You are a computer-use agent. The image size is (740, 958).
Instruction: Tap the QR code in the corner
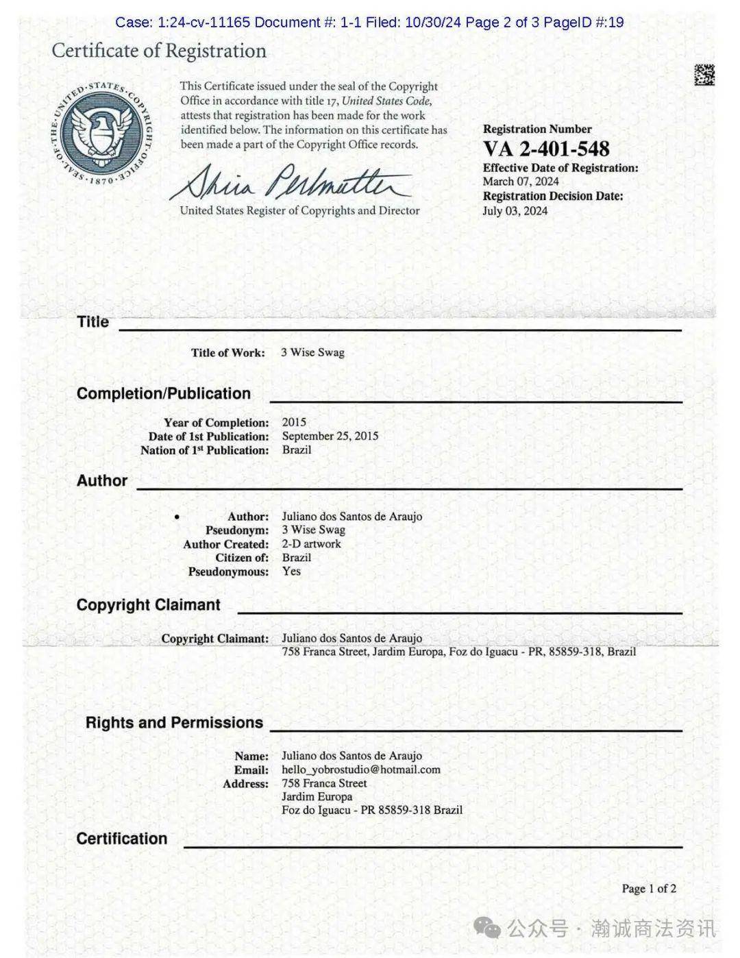click(704, 75)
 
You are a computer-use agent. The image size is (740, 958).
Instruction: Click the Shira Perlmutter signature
click(291, 181)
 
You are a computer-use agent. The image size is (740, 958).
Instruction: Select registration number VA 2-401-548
click(545, 149)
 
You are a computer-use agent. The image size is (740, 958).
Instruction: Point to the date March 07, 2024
click(520, 182)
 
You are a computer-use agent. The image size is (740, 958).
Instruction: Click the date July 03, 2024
click(515, 210)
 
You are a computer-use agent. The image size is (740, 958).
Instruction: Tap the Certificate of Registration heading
click(159, 51)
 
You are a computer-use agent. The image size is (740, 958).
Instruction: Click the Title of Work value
click(312, 352)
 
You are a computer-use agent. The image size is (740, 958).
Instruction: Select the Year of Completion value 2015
click(294, 422)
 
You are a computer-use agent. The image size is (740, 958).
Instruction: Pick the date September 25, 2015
click(330, 436)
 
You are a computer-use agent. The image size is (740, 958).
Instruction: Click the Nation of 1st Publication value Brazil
click(297, 450)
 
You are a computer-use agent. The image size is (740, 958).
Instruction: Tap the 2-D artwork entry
click(311, 543)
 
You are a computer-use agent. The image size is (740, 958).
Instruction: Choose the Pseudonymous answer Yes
click(291, 571)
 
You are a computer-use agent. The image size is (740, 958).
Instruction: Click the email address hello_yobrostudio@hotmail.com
click(360, 770)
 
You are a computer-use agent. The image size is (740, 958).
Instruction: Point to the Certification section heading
click(122, 839)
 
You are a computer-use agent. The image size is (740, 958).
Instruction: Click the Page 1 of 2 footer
click(648, 889)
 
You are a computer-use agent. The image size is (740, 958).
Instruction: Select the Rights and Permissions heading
click(174, 722)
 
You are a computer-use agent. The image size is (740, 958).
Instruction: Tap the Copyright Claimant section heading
click(148, 604)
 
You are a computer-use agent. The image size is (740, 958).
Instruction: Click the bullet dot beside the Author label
click(177, 517)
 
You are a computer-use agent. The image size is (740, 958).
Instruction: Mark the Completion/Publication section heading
click(164, 393)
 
